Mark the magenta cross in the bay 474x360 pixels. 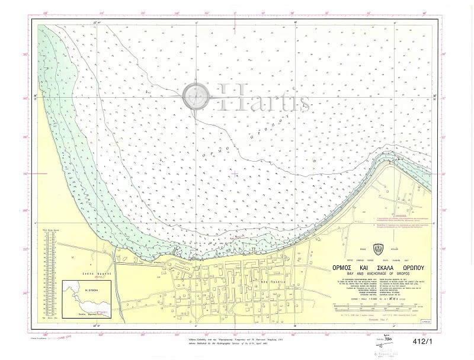236,174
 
